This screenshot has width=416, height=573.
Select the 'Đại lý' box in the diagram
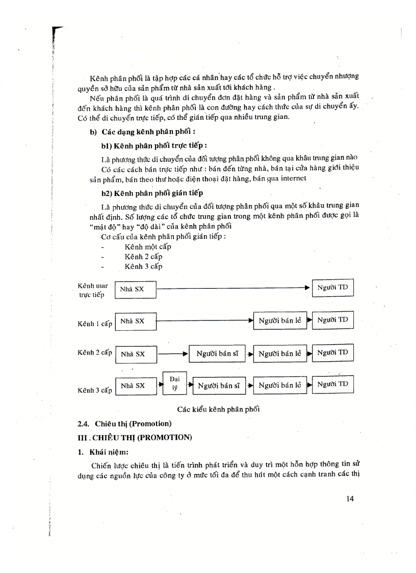(175, 383)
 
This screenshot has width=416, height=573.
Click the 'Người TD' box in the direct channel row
(332, 288)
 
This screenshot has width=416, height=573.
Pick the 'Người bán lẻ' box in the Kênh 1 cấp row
(280, 321)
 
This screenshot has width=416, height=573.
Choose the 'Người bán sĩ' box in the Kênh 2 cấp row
(218, 354)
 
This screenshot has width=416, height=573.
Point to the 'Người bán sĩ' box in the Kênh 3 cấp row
(219, 386)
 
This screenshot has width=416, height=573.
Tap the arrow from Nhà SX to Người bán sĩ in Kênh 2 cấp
(173, 353)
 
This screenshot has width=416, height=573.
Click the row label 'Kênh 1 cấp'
(95, 324)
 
